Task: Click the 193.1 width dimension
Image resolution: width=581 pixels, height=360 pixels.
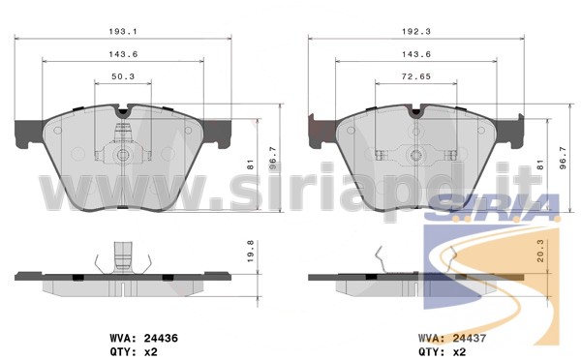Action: point(123,32)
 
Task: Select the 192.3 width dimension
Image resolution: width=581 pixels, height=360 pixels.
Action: point(416,32)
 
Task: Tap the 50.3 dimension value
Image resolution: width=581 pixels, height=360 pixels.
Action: point(123,76)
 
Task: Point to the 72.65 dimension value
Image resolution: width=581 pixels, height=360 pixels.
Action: point(416,76)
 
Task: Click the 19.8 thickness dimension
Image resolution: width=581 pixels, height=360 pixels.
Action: point(251,252)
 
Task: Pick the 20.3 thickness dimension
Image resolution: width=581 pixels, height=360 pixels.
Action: point(540,251)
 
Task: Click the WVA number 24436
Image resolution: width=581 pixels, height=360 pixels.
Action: point(161,338)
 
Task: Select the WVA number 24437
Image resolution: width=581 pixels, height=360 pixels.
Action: point(470,338)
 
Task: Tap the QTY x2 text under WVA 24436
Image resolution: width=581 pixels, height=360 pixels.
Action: point(134,352)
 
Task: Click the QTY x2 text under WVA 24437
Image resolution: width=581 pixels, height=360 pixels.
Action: point(443,352)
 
